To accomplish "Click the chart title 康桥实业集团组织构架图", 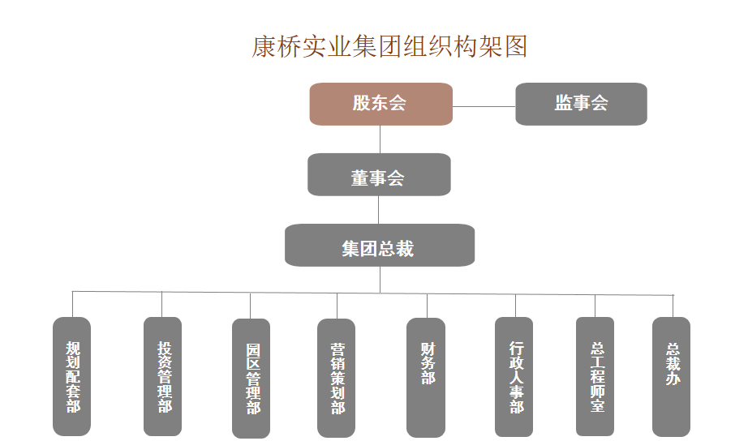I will click(389, 46).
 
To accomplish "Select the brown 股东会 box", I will click(380, 104).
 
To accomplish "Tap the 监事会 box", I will click(581, 104).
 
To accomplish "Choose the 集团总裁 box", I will click(379, 246).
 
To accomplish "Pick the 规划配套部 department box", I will click(72, 376).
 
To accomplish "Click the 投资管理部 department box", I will click(163, 376).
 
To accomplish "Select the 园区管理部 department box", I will click(251, 378).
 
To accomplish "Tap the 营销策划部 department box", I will click(337, 378).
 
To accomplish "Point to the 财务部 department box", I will click(426, 376).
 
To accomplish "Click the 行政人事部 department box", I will click(514, 376).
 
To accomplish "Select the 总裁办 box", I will click(671, 376).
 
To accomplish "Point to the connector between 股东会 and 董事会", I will click(380, 139).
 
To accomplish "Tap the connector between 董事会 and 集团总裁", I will click(378, 210).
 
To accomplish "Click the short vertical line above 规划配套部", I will click(72, 304).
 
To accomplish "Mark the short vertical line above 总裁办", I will click(673, 306).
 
